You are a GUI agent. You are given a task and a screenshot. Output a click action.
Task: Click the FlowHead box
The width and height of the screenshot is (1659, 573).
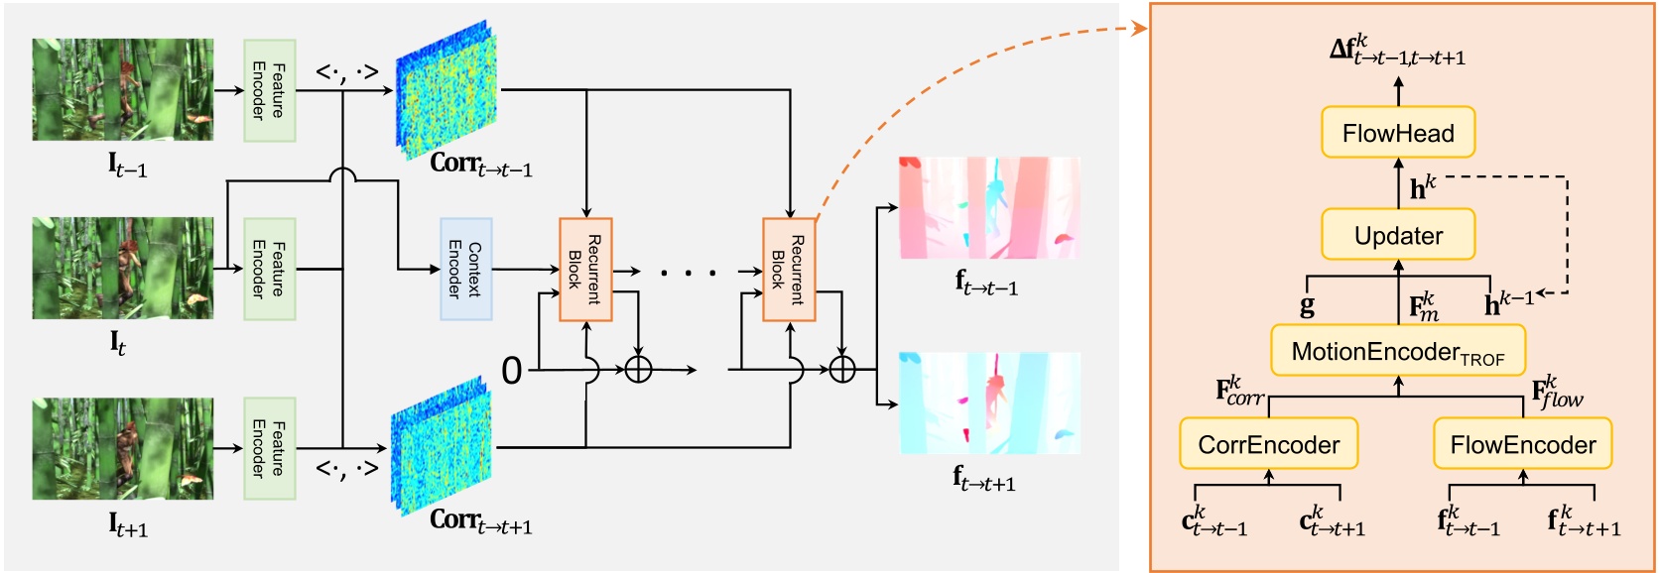click(x=1398, y=133)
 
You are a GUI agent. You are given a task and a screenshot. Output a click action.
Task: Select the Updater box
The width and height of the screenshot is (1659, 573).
click(x=1398, y=235)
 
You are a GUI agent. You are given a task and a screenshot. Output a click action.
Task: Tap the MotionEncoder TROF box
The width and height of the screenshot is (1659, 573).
click(x=1398, y=351)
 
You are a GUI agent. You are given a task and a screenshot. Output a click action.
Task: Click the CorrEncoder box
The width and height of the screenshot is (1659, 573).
click(x=1268, y=444)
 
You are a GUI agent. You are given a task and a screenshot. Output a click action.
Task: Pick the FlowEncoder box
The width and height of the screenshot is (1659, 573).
click(x=1522, y=444)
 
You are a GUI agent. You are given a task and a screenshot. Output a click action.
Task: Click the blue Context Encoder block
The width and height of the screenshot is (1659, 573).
click(x=465, y=269)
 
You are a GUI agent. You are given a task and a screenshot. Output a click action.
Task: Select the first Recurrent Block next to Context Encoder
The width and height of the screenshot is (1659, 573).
click(x=585, y=270)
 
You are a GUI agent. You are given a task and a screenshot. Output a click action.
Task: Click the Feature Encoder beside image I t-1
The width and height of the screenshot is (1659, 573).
click(x=270, y=90)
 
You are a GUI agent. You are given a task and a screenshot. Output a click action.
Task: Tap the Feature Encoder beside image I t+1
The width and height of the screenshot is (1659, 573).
click(x=270, y=448)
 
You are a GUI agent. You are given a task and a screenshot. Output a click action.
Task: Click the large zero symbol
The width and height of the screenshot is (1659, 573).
click(x=511, y=371)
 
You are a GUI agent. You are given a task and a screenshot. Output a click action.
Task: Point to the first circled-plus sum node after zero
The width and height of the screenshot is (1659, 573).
click(x=638, y=370)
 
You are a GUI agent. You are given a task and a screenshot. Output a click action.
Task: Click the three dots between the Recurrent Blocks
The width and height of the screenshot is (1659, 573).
click(x=688, y=271)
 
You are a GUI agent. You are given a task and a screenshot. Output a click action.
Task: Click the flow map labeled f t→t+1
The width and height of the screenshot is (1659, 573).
click(x=989, y=402)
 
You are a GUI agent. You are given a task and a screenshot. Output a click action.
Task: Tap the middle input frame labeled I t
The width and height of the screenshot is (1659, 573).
click(x=123, y=269)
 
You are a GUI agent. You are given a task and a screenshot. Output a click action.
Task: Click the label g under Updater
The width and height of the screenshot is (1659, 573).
click(x=1307, y=305)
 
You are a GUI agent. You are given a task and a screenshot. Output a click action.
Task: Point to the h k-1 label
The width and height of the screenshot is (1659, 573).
click(x=1508, y=302)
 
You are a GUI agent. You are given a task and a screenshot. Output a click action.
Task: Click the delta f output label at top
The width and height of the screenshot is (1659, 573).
click(x=1397, y=51)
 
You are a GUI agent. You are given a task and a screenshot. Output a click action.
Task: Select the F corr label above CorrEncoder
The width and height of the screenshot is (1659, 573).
click(x=1239, y=392)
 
